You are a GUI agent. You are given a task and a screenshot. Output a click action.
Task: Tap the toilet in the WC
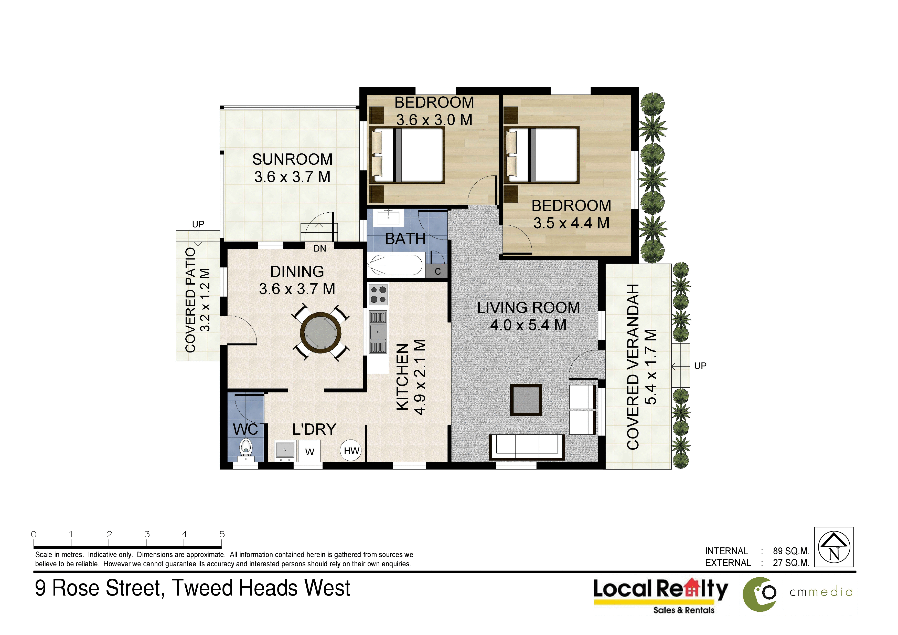tap(246, 450)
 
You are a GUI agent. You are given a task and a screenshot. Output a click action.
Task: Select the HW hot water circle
tap(351, 451)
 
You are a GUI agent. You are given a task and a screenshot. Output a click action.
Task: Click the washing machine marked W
tap(309, 451)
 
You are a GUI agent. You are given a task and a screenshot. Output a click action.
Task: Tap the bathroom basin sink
tap(388, 217)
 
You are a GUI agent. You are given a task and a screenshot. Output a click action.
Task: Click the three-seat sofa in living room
tap(527, 447)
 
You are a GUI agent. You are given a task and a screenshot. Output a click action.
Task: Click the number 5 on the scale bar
tap(222, 534)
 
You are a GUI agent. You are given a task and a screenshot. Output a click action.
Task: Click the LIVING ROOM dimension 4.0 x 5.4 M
tap(528, 325)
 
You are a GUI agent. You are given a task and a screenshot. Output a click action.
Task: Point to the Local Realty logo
tap(661, 596)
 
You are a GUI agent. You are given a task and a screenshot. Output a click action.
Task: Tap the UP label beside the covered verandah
tap(700, 366)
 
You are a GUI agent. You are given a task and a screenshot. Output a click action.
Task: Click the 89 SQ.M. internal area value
tap(791, 551)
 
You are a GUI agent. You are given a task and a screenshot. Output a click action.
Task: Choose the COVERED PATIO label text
tap(190, 300)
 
